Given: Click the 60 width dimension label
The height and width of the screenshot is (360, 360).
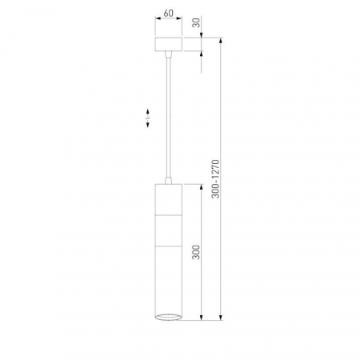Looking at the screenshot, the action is (168, 13).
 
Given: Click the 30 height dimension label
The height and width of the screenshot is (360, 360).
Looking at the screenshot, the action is (196, 22).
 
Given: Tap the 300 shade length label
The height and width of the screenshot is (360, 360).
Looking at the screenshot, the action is (196, 252).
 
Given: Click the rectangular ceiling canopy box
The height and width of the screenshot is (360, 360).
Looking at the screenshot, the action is (169, 44).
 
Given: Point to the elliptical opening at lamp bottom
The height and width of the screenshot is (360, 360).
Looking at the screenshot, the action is (169, 317).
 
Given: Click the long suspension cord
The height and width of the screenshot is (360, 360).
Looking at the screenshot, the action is (168, 118).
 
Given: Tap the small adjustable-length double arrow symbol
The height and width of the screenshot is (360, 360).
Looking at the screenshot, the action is (148, 118).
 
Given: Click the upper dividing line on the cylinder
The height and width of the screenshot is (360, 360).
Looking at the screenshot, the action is (169, 214).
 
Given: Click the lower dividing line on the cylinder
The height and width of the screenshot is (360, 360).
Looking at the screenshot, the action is (169, 246).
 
